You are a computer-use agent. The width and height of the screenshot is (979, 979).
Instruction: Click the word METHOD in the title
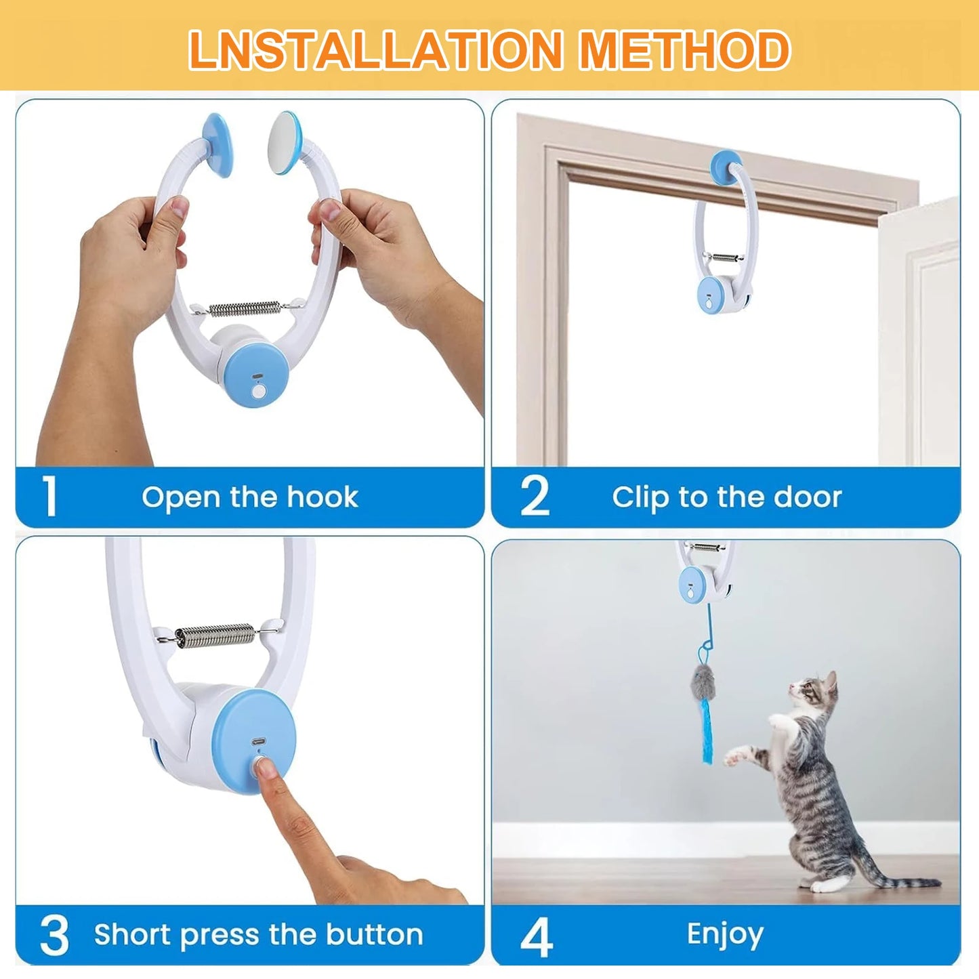coord(685,50)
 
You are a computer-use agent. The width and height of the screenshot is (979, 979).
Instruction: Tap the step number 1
coord(49,497)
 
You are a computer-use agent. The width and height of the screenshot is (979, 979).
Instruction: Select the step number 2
coord(535,497)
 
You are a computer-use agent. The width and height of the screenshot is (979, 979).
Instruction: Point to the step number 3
coord(54,936)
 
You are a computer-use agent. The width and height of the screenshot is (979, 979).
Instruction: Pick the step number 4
coord(536,938)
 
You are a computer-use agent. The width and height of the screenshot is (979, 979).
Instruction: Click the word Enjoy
coord(725,935)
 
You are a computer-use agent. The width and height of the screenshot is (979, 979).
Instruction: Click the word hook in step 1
coord(322,497)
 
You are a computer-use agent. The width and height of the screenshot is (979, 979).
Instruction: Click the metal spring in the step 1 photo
coord(245,308)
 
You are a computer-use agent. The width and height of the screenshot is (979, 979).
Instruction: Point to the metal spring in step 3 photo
coord(215,636)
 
